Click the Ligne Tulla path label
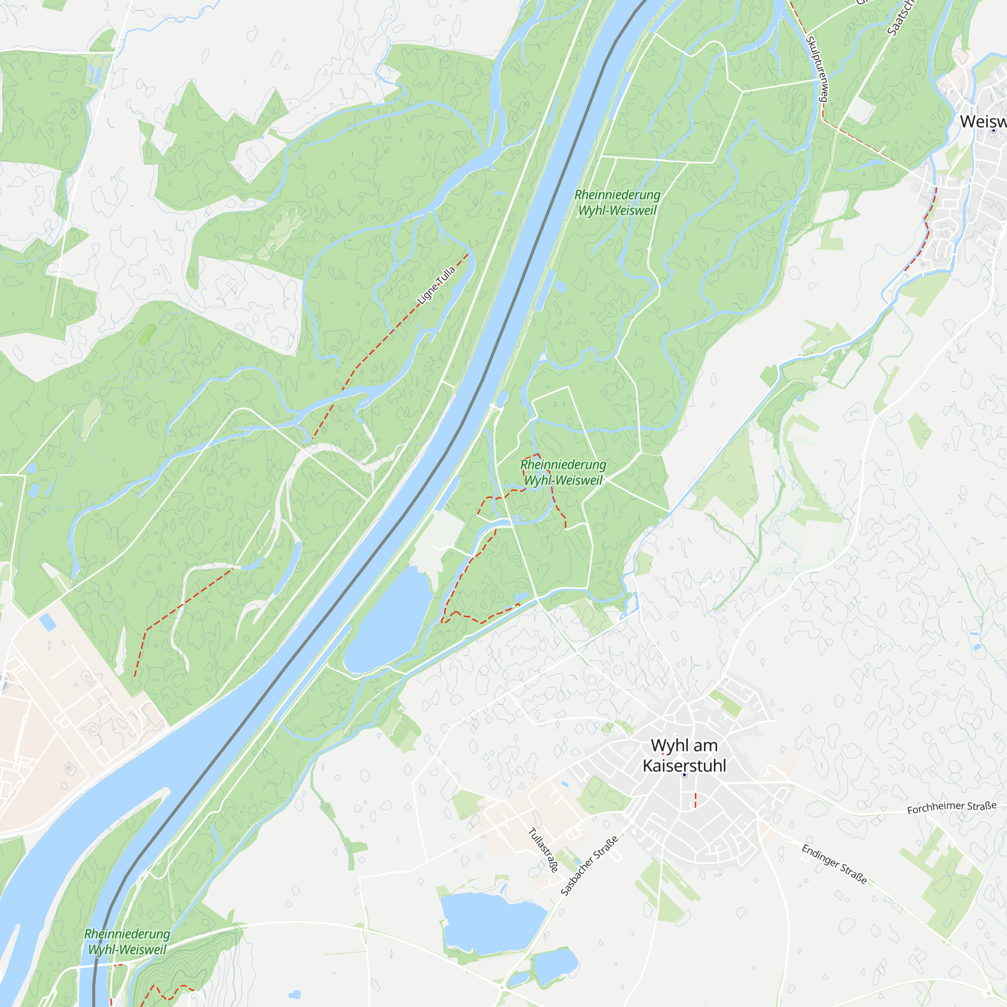436,286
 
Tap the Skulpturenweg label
817,69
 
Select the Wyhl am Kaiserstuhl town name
684,755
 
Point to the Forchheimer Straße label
952,807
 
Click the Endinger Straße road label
834,864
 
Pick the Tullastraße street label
543,850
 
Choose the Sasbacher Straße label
590,866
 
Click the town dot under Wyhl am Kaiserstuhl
684,775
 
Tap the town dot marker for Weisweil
993,130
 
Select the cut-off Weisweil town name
983,121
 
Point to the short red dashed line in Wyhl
695,800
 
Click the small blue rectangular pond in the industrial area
48,622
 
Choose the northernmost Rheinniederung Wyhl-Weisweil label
617,202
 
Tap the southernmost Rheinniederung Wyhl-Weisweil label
127,942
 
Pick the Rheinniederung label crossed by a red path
563,472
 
